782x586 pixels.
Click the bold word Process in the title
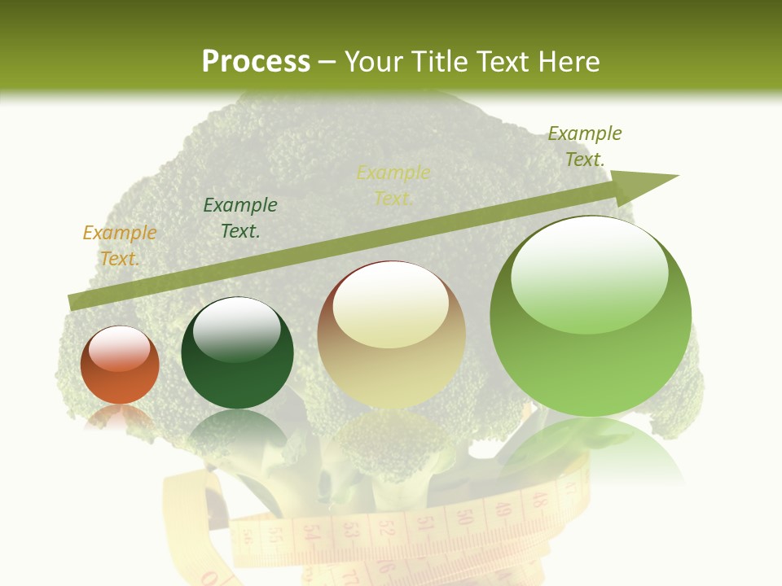(256, 62)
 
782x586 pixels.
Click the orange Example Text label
(120, 246)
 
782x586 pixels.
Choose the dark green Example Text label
(240, 218)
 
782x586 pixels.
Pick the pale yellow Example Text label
(393, 186)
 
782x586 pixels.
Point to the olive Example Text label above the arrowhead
(585, 146)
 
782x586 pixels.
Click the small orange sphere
(120, 365)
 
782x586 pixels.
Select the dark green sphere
(237, 352)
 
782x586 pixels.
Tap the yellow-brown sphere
(392, 334)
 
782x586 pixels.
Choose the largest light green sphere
(591, 316)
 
